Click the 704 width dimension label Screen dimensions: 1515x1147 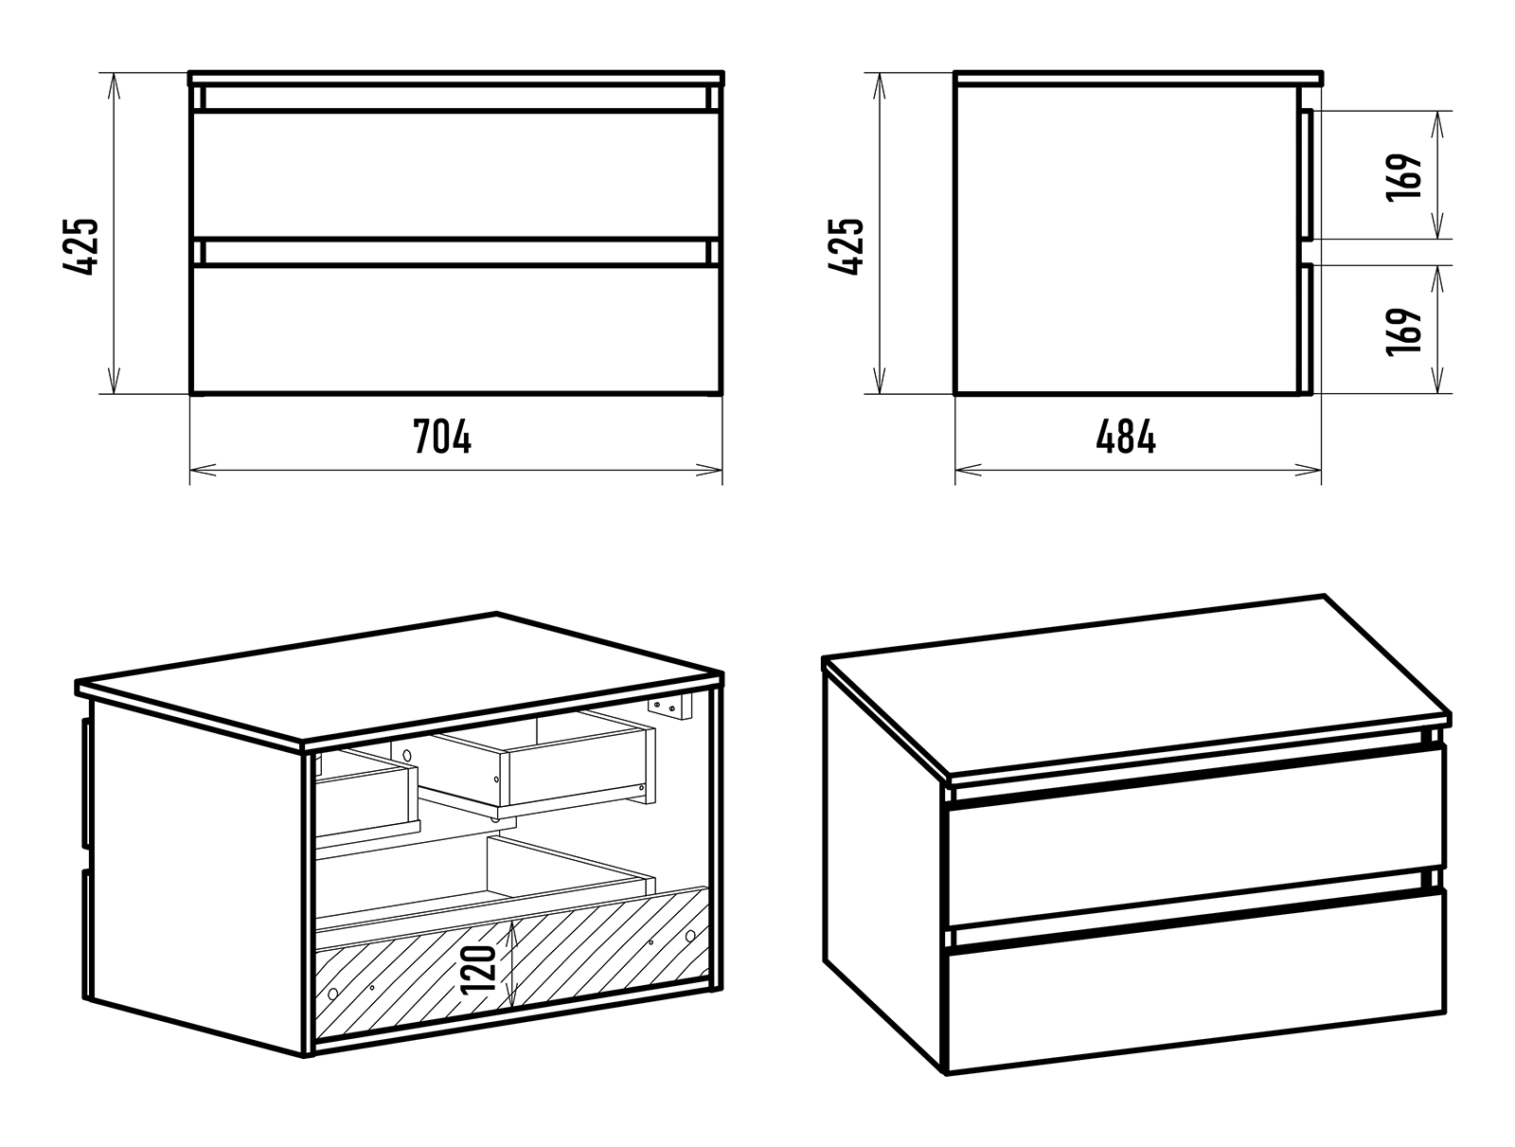tap(442, 437)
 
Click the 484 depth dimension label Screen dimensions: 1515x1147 tap(1126, 437)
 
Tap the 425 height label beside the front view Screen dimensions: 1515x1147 tap(80, 247)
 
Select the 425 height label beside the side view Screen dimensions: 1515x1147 tap(846, 247)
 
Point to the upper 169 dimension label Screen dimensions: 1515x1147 tap(1404, 177)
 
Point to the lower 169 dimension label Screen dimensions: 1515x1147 tap(1404, 332)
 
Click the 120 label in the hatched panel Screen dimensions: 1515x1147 tap(478, 969)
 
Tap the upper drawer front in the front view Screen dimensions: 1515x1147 tap(456, 174)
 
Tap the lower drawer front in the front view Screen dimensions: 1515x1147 tap(456, 330)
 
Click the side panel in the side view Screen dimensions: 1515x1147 tap(1127, 240)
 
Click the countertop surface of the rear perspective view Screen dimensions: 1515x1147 tap(399, 677)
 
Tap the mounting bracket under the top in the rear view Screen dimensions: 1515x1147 tap(669, 707)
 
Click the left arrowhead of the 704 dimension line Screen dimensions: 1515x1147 tap(203, 470)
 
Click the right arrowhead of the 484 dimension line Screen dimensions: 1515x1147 tap(1308, 470)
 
